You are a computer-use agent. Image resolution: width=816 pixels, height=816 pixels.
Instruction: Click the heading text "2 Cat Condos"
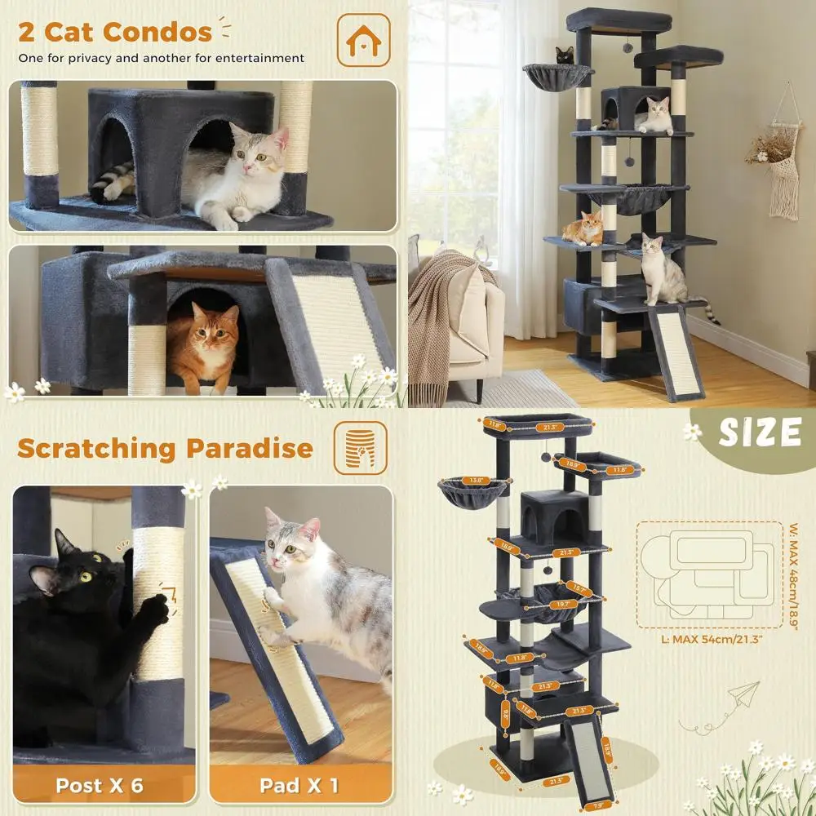tap(115, 33)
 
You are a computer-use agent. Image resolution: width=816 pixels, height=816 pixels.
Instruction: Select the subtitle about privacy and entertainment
tap(162, 58)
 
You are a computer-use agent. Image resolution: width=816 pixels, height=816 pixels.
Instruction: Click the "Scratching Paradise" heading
tap(165, 448)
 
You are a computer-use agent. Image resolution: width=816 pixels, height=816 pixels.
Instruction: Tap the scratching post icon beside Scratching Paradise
tap(359, 448)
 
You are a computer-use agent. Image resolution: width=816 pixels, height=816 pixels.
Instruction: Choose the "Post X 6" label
tap(100, 786)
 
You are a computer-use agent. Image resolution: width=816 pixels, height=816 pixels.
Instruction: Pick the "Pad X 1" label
tap(299, 786)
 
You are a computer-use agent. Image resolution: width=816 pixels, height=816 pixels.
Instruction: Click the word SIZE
tap(760, 432)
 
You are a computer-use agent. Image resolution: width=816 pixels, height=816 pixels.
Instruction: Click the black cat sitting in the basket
tap(564, 56)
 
